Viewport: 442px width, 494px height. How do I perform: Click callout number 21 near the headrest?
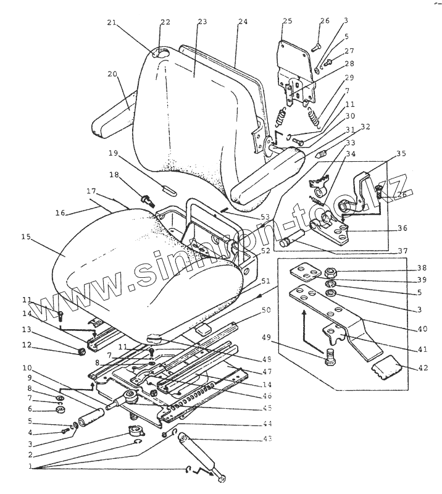[x=112, y=23]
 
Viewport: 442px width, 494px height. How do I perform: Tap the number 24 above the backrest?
[x=242, y=22]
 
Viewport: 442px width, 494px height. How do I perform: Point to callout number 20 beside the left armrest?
[x=112, y=74]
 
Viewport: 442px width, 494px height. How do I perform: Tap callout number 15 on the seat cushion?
[x=26, y=236]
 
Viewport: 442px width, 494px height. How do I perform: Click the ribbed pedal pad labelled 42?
[x=386, y=373]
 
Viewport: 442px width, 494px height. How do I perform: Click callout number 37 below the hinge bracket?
[x=402, y=251]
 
